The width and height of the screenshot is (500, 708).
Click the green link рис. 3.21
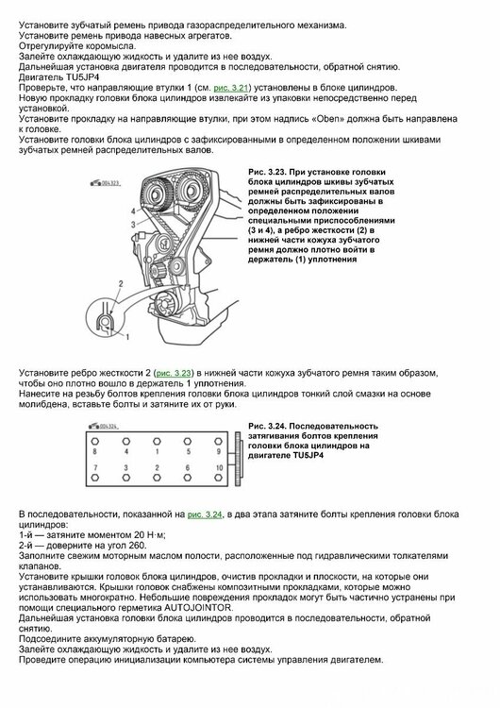click(231, 88)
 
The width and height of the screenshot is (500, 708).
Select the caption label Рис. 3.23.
click(266, 172)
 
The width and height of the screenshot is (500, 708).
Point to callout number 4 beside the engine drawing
click(133, 211)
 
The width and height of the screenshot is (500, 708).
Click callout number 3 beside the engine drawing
click(133, 225)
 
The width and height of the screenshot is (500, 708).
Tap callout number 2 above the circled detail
click(121, 283)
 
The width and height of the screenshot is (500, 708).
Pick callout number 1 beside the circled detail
click(127, 336)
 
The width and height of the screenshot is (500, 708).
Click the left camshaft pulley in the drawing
click(157, 194)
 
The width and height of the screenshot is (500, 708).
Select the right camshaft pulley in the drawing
click(191, 193)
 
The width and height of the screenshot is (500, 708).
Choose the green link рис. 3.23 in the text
click(174, 374)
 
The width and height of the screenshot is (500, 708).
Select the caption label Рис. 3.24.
click(266, 427)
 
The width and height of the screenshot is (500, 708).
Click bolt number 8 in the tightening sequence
click(94, 451)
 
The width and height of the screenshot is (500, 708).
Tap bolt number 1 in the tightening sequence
click(157, 451)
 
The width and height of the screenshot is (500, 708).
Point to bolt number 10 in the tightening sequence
click(219, 468)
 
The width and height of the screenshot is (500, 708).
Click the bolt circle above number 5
click(188, 441)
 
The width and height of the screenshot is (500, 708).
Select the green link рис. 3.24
click(205, 514)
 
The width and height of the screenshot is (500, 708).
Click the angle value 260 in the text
click(137, 546)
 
